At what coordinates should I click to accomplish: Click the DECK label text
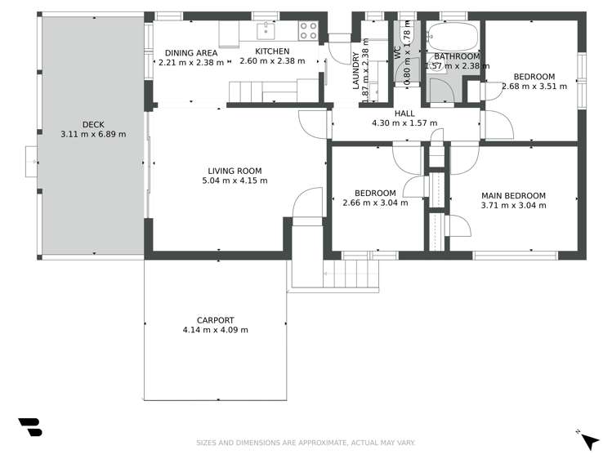92,124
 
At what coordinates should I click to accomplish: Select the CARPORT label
215,320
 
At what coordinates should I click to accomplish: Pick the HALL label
404,114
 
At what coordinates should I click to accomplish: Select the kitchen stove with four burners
308,31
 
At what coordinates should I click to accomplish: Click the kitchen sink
266,31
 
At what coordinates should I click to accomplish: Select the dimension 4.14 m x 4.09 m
215,330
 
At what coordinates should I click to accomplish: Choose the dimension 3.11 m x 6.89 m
92,134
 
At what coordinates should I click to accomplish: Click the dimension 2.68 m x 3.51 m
534,86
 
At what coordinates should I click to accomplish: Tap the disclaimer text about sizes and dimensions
305,443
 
